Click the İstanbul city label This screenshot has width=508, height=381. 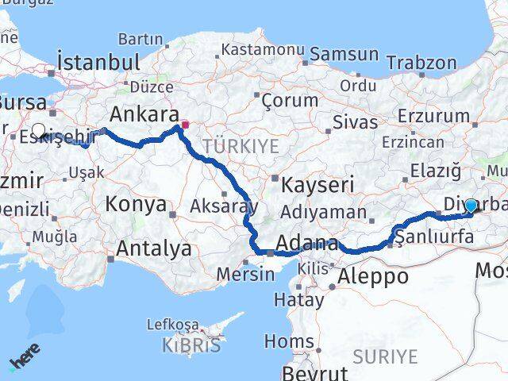point(98,62)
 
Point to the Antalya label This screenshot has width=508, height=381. point(154,248)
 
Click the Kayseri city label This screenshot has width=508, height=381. point(317,185)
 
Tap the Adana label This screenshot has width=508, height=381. point(308,243)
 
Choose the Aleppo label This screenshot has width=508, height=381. point(373,276)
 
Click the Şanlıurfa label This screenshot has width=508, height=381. point(434,236)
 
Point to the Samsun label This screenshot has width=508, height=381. point(344,54)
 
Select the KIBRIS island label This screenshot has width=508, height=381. point(190,346)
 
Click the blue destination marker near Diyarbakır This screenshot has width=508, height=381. point(471,206)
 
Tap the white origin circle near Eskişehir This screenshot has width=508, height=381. point(38,130)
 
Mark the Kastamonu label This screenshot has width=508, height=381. point(264,49)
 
